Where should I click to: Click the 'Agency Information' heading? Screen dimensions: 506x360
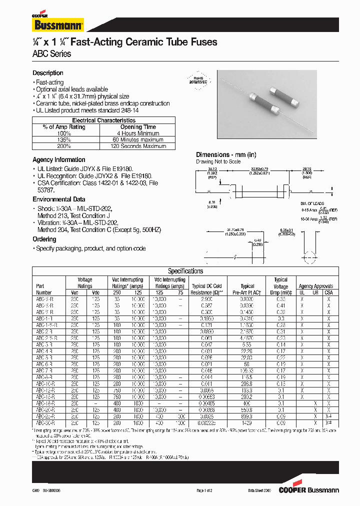[x=59, y=160]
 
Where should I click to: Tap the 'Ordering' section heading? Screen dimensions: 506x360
[x=44, y=239]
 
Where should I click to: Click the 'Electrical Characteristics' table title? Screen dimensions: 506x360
[x=103, y=120]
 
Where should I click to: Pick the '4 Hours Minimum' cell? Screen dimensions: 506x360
[x=138, y=133]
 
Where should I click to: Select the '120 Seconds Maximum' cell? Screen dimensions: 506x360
[x=138, y=146]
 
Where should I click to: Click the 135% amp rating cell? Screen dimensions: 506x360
[x=64, y=140]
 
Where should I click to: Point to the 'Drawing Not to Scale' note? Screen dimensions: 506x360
[x=218, y=161]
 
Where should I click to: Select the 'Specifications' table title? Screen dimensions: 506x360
[x=185, y=271]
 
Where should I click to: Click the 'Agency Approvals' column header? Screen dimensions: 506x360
[x=315, y=286]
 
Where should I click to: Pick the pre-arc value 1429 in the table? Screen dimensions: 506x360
[x=247, y=422]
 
